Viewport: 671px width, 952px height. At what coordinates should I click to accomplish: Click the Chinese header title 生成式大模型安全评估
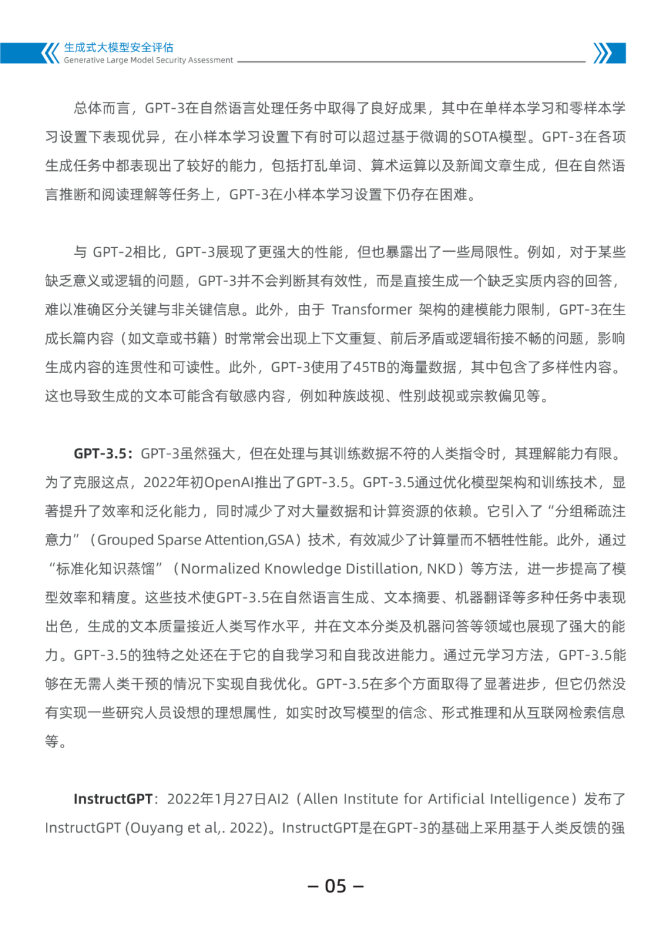click(x=119, y=47)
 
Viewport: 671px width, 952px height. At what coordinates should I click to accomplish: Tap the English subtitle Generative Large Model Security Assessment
click(x=148, y=60)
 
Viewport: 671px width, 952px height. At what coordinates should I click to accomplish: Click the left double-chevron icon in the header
click(x=50, y=53)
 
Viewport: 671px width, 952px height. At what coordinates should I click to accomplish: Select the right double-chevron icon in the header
click(x=602, y=53)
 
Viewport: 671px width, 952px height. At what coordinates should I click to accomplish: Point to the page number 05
click(x=335, y=886)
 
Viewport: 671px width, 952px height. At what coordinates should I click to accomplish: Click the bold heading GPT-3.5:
click(x=103, y=454)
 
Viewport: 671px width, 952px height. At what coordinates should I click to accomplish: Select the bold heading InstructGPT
click(x=113, y=799)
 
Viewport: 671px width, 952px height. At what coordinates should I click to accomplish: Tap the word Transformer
click(x=372, y=309)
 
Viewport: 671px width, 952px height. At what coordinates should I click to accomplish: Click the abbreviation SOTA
click(x=481, y=137)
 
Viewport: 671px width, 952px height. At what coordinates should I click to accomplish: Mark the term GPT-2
click(x=111, y=252)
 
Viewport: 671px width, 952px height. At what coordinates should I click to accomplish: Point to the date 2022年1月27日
click(x=217, y=799)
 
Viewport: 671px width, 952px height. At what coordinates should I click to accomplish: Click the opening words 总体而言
click(x=102, y=108)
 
